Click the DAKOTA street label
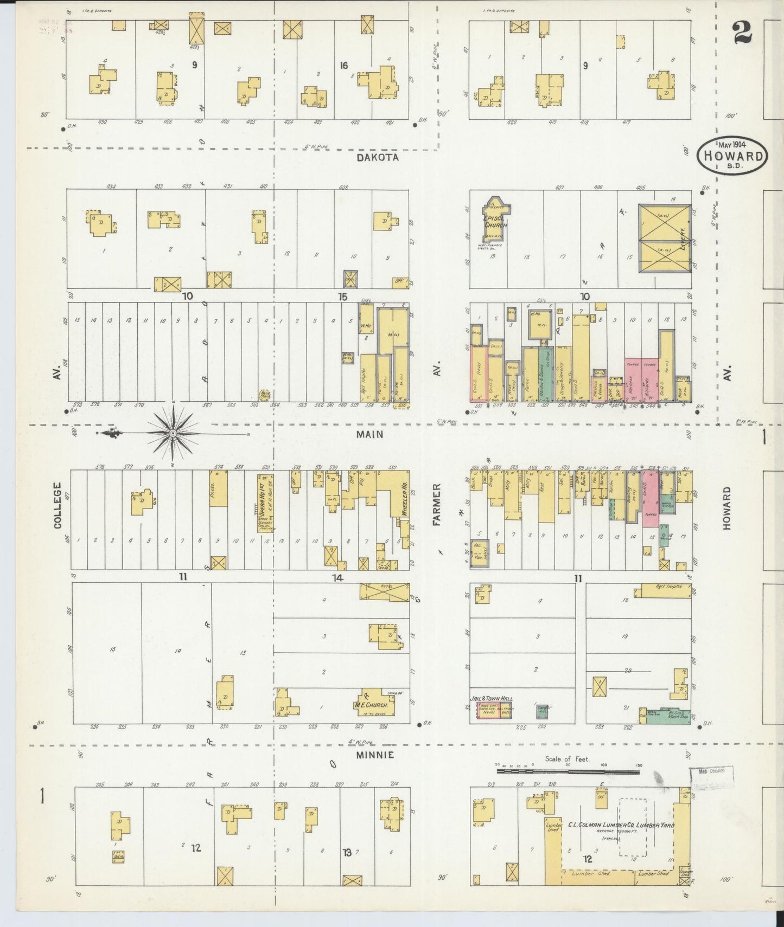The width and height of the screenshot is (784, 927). pos(378,157)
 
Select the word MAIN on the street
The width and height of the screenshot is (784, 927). pos(369,434)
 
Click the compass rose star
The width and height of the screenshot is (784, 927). pos(173,433)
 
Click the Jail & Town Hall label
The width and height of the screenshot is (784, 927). pos(491,699)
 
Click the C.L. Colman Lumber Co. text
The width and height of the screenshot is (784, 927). pos(621,825)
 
